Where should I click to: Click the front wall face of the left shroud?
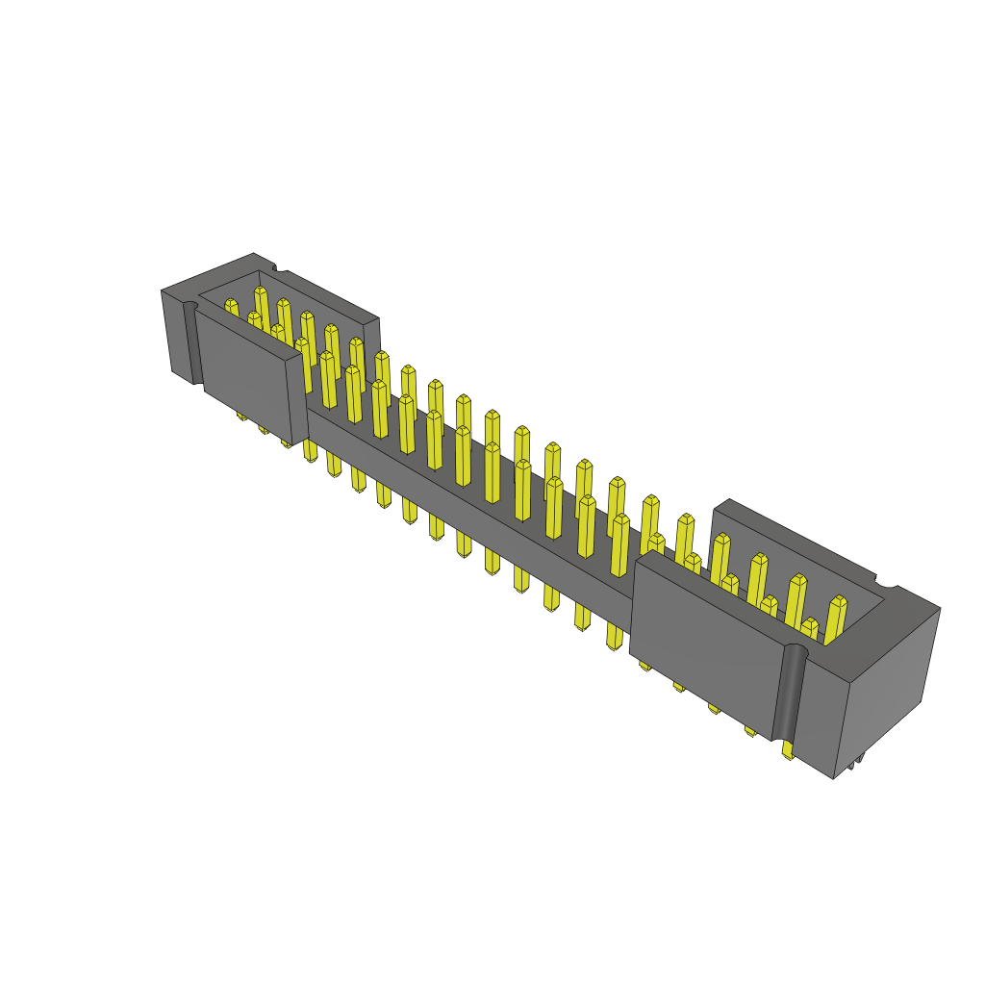pyautogui.click(x=245, y=375)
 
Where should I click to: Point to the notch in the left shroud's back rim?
pyautogui.click(x=275, y=268)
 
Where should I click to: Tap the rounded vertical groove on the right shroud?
pyautogui.click(x=788, y=693)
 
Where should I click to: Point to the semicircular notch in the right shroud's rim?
pyautogui.click(x=886, y=584)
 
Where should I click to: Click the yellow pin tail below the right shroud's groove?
pyautogui.click(x=788, y=749)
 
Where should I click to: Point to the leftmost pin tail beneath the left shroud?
pyautogui.click(x=241, y=415)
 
